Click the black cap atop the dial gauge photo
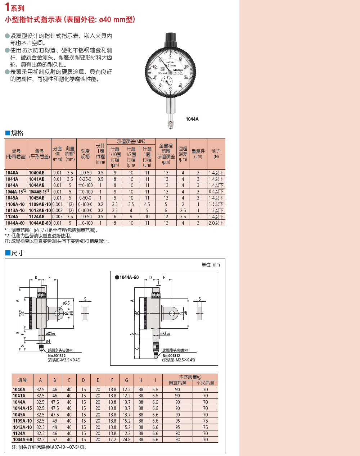point(171,40)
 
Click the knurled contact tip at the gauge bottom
point(171,124)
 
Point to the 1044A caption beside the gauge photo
point(192,119)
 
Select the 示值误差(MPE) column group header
point(131,141)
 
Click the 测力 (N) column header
point(216,154)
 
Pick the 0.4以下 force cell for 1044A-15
point(216,192)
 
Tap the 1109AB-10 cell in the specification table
point(40,204)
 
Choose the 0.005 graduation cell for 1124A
point(57,216)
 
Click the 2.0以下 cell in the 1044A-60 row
point(216,223)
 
